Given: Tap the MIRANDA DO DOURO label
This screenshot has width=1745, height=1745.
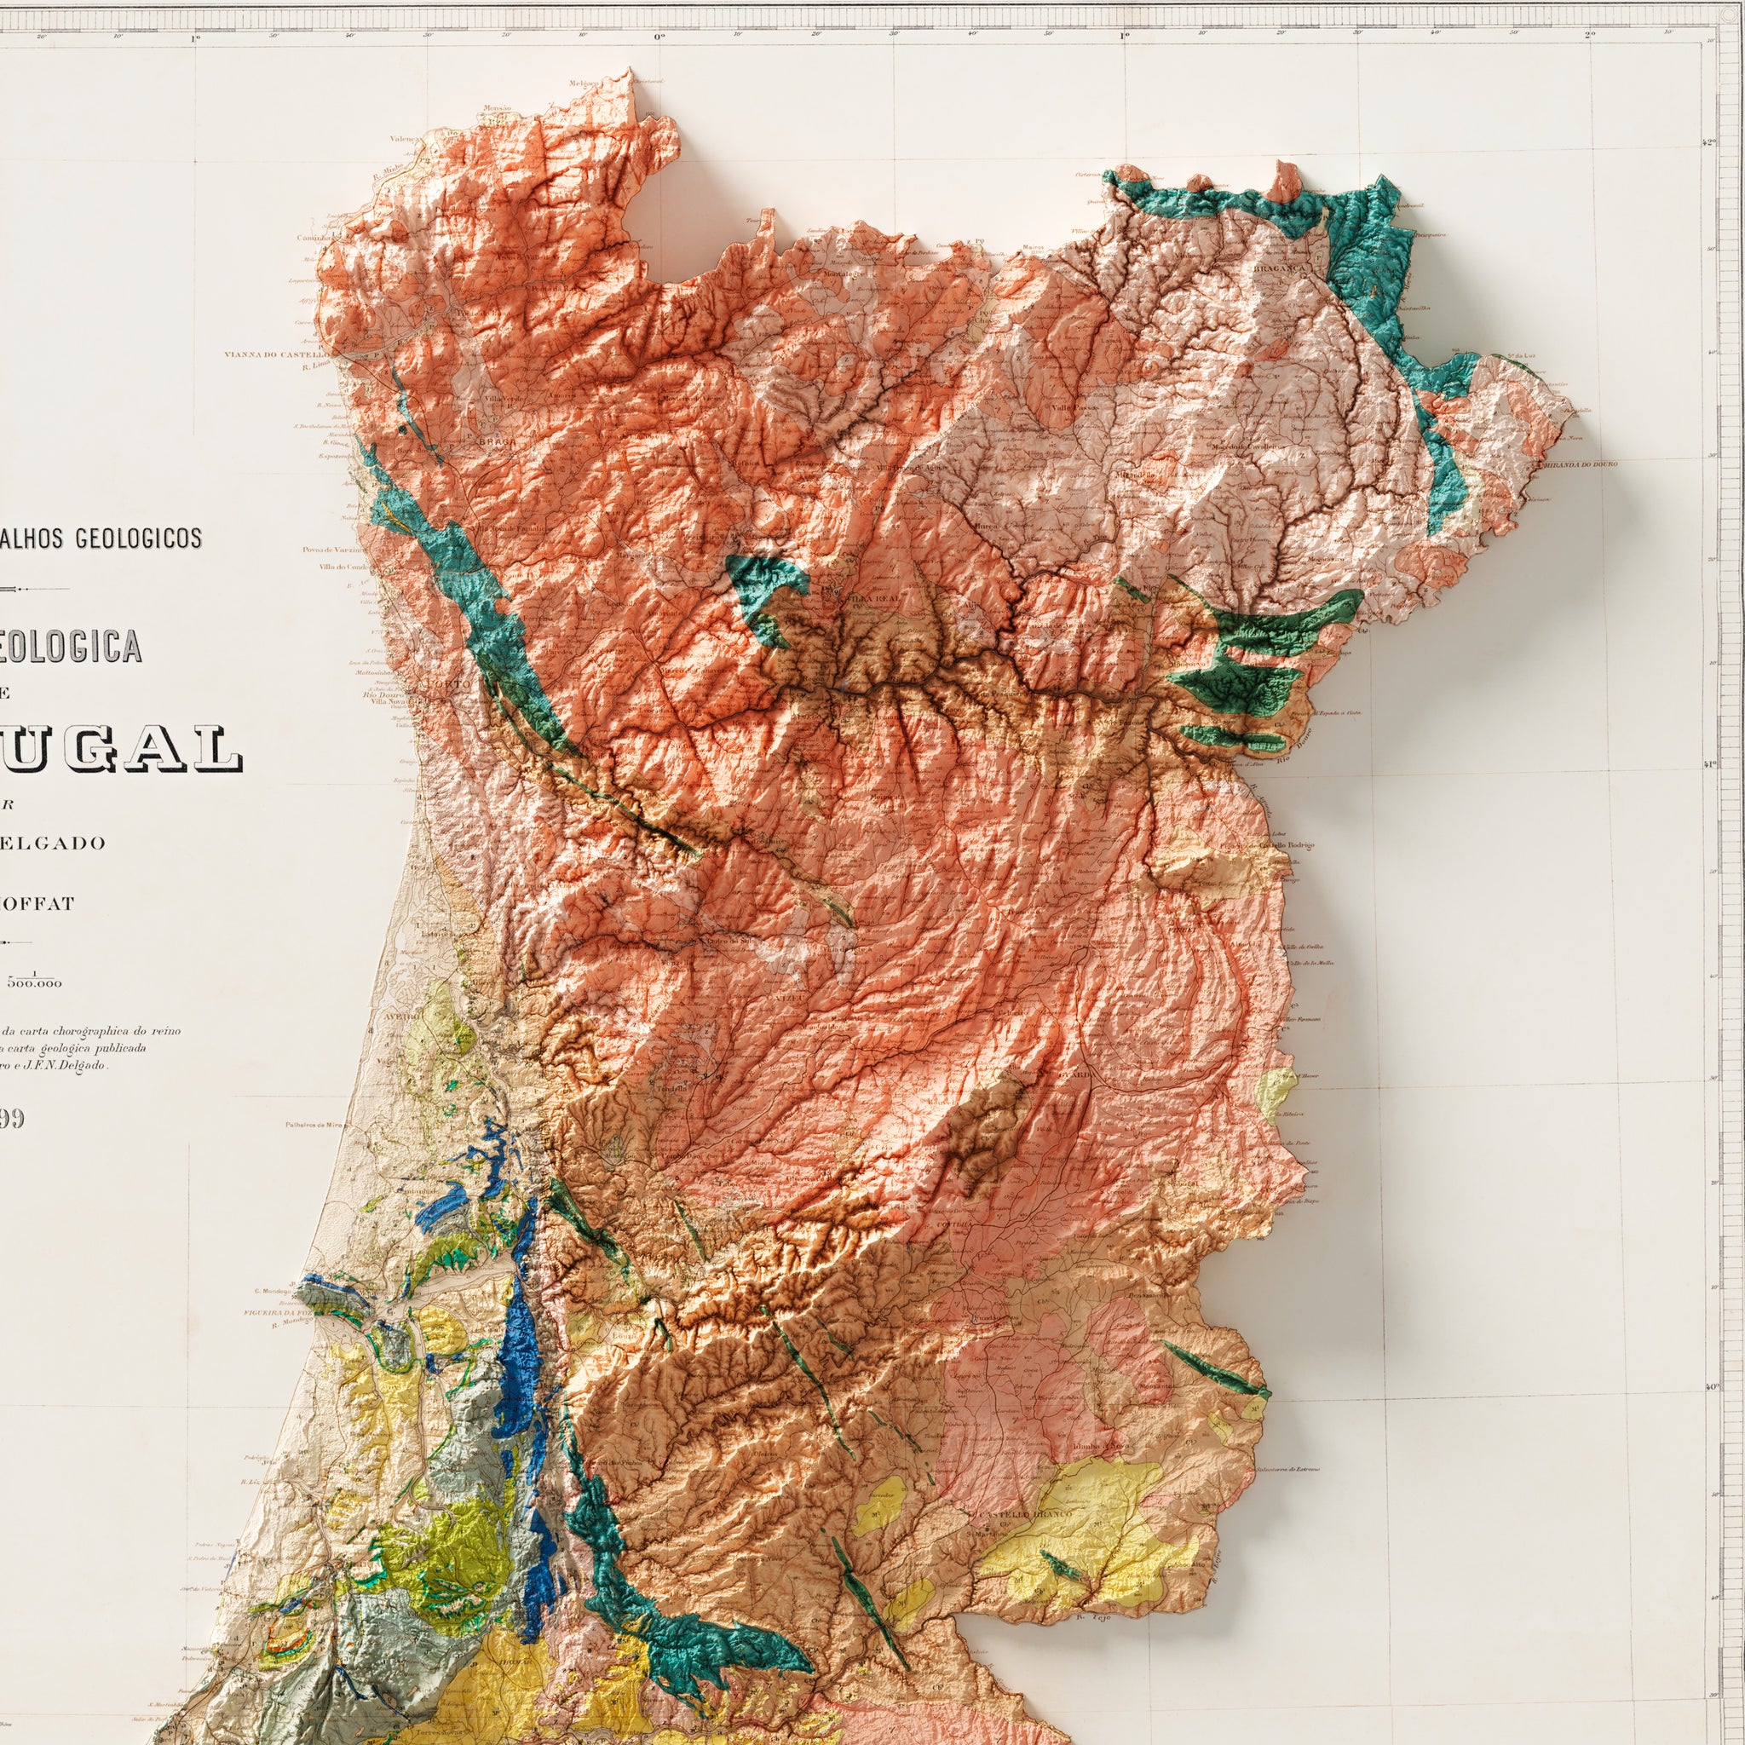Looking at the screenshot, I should point(1580,464).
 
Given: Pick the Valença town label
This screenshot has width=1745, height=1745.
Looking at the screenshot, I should point(403,139).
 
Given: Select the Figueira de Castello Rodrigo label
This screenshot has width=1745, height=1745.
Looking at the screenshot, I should point(1280,845).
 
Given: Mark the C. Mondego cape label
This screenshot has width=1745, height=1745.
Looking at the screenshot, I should point(272,1291).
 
